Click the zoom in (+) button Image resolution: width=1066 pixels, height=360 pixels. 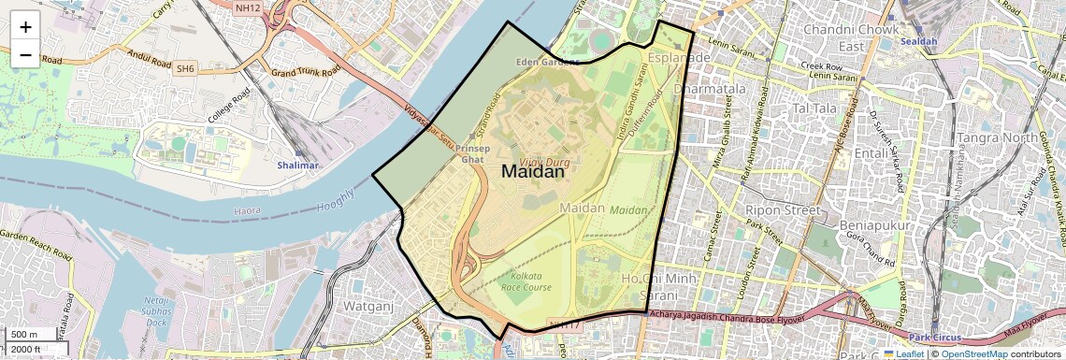coord(25,27)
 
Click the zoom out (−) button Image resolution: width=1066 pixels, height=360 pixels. coord(25,54)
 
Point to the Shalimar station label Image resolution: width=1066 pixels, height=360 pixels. coord(297,166)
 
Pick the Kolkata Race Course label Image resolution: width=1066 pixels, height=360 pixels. coord(533,281)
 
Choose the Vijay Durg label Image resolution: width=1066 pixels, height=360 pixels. coord(546,163)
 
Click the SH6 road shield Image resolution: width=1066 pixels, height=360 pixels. coord(185,67)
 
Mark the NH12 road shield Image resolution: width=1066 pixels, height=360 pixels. coord(247,7)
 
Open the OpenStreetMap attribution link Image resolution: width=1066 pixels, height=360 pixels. coord(973,354)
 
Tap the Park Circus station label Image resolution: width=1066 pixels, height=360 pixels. coord(936,337)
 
